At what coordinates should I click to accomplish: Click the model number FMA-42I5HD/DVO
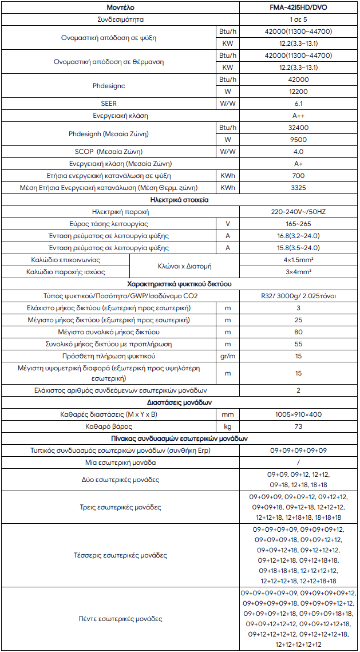(x=298, y=8)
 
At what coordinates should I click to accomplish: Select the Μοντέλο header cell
(x=121, y=8)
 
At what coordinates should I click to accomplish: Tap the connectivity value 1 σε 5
(x=298, y=20)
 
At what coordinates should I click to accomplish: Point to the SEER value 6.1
(x=298, y=104)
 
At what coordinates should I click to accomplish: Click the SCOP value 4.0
(x=298, y=152)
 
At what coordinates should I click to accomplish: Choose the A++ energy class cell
(x=298, y=116)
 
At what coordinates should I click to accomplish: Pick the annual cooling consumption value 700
(x=298, y=176)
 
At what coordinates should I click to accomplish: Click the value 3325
(x=298, y=188)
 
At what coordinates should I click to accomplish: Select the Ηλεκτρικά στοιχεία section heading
(x=179, y=200)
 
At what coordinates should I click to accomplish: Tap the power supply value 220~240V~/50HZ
(x=298, y=212)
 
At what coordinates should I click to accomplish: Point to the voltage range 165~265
(x=298, y=224)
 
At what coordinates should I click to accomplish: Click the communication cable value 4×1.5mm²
(x=298, y=259)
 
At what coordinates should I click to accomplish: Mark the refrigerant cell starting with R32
(x=298, y=296)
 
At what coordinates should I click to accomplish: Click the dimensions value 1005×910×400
(x=298, y=413)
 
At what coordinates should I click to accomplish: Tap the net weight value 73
(x=298, y=426)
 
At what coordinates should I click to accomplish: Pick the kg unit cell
(x=228, y=426)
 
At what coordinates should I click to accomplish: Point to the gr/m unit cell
(x=228, y=356)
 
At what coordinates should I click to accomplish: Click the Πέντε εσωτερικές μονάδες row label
(x=121, y=619)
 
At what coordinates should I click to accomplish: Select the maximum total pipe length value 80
(x=298, y=332)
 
